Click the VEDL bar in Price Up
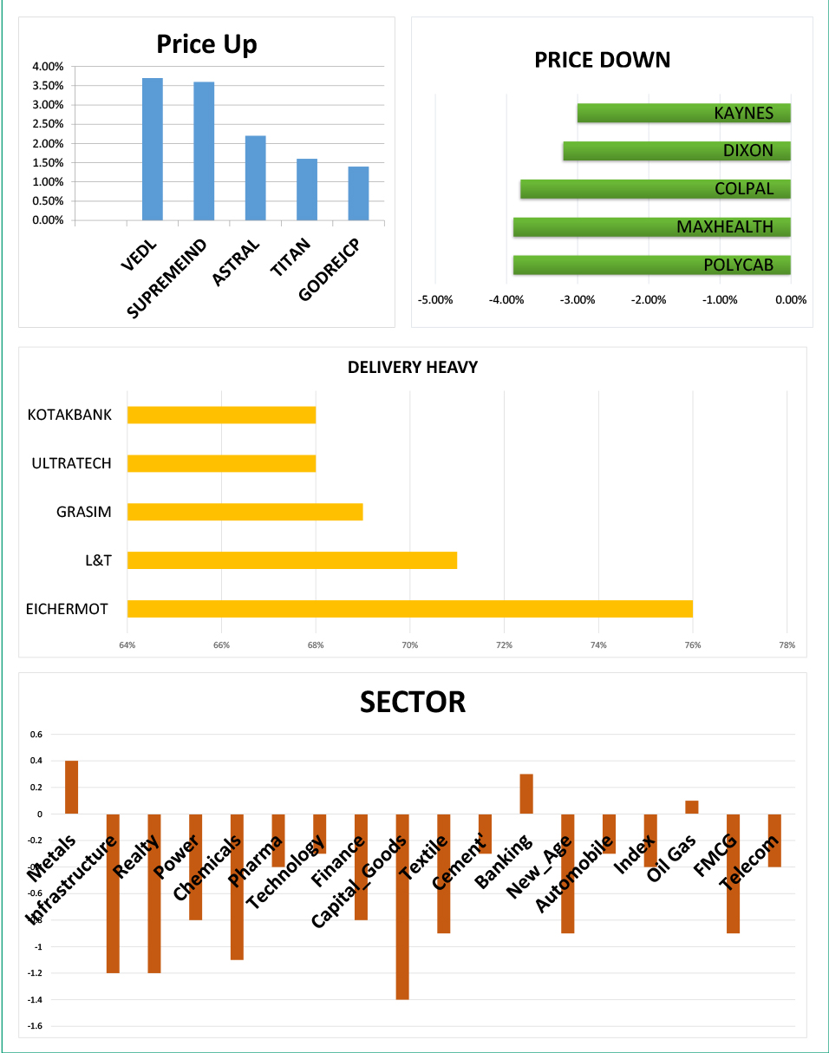click(x=153, y=149)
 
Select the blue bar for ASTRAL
click(x=255, y=178)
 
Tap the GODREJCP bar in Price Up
click(x=358, y=193)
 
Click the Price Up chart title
click(x=206, y=44)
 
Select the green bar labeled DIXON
click(x=676, y=151)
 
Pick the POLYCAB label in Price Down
click(x=738, y=265)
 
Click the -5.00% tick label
click(x=435, y=300)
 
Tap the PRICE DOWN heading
click(x=602, y=60)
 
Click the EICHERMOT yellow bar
click(x=409, y=609)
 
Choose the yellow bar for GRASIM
click(x=245, y=512)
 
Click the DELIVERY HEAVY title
click(x=413, y=368)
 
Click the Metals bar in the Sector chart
click(x=72, y=788)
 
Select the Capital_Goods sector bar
click(x=401, y=906)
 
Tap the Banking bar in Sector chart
click(x=526, y=794)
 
